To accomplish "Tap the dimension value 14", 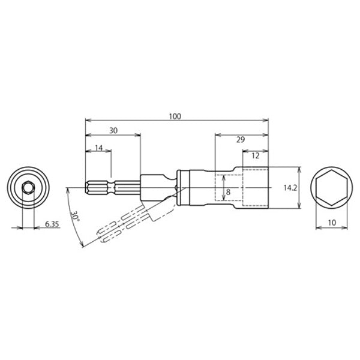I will [x=98, y=147].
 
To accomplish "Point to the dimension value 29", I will [x=241, y=139].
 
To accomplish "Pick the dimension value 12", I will [x=255, y=155].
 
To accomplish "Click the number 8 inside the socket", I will [x=228, y=192].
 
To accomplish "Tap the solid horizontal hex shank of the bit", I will [x=114, y=188].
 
